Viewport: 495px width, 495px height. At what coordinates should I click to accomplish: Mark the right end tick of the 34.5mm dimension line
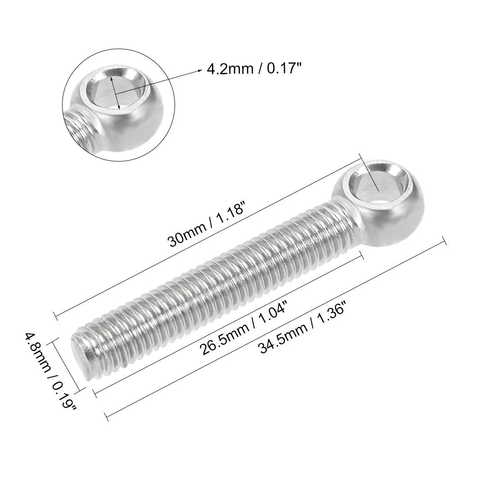point(445,241)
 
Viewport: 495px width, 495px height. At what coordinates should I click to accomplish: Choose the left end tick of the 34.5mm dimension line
point(107,416)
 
